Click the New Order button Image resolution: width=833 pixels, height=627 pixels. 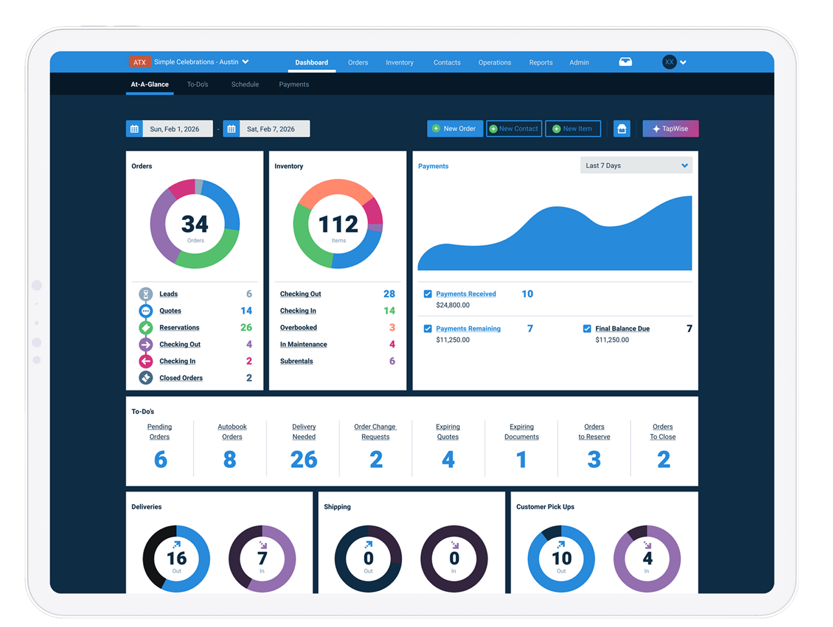point(455,129)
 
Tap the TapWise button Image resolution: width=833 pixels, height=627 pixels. point(670,129)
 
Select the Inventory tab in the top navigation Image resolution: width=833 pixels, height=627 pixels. point(399,63)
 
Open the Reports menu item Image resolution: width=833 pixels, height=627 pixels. point(541,63)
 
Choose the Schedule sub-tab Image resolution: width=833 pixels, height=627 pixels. point(245,85)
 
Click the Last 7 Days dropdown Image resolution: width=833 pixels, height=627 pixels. point(636,166)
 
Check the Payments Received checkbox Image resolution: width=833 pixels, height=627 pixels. point(428,294)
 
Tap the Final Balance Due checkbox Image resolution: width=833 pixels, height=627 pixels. point(587,329)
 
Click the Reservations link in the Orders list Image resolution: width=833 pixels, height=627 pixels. point(179,328)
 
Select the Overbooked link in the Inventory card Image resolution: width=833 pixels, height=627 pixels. point(298,328)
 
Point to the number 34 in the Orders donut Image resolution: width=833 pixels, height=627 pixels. point(195,224)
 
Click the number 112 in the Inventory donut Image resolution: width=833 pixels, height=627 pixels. point(338,224)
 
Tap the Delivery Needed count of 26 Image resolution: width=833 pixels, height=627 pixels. point(304,460)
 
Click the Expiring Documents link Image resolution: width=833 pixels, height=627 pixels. point(521,432)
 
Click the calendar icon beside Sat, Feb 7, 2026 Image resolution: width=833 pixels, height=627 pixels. point(231,129)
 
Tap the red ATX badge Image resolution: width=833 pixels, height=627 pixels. point(139,62)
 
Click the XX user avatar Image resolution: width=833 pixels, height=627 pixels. point(669,62)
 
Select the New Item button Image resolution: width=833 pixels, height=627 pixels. point(573,129)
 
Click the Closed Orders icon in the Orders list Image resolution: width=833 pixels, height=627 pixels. point(146,378)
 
